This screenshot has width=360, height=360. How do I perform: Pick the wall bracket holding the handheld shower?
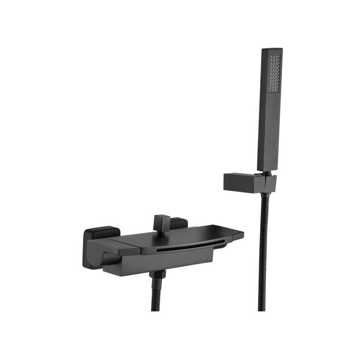coord(250,182)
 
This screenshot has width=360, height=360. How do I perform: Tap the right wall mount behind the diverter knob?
coord(179,223)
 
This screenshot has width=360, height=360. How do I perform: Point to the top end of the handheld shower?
coord(271,49)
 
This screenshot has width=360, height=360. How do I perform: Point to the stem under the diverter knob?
coord(161,230)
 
